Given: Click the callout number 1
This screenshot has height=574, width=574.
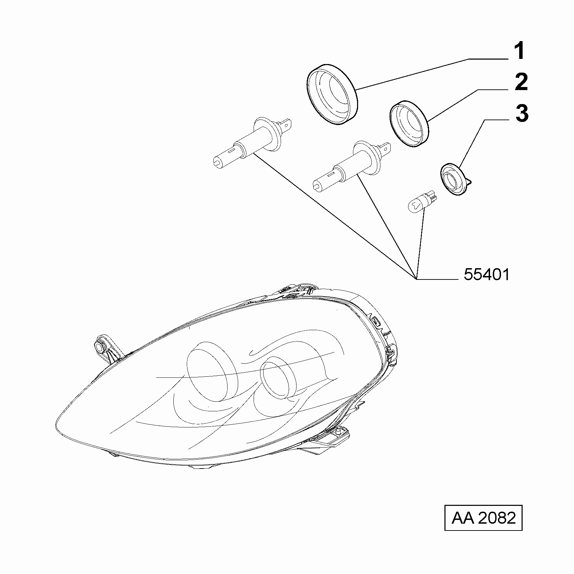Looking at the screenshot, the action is [x=520, y=51].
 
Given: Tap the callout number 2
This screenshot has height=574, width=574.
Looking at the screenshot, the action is [x=521, y=82].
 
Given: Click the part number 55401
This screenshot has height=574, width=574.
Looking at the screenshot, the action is [x=487, y=274].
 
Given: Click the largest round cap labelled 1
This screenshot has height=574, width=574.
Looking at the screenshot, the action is [x=332, y=94].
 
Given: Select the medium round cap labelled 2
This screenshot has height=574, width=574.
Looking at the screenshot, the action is [x=410, y=124].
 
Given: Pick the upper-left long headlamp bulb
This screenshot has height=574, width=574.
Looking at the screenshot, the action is [x=252, y=142].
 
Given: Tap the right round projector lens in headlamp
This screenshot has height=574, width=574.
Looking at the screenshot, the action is [x=278, y=377].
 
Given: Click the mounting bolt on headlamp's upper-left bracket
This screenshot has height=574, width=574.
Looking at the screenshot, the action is [x=100, y=347].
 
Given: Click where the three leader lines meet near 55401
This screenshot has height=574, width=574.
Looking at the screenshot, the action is [x=416, y=279].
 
